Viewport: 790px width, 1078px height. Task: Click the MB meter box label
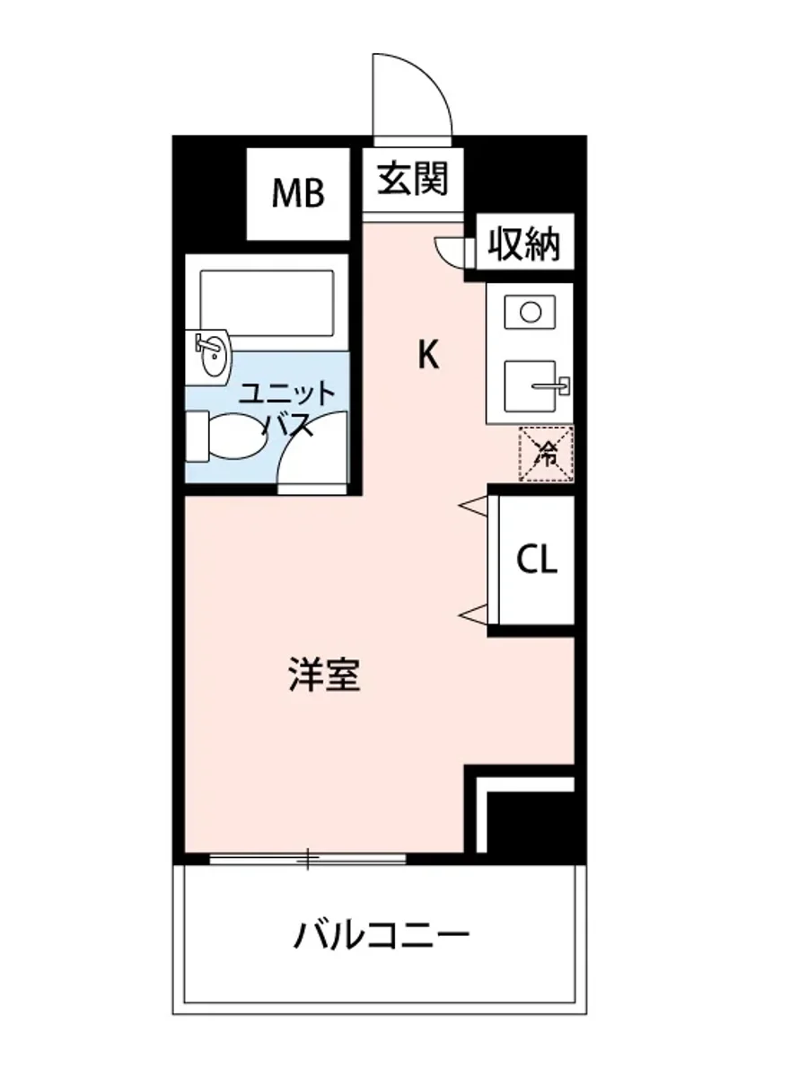[x=298, y=193]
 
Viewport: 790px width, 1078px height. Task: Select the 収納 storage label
[x=524, y=243]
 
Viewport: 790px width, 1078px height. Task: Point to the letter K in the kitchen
[x=428, y=357]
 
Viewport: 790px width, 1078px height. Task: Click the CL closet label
[x=537, y=560]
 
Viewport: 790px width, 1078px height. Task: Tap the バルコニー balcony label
[x=382, y=937]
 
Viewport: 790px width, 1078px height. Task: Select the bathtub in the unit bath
[x=268, y=300]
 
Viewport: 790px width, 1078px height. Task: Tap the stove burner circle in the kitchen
[x=531, y=313]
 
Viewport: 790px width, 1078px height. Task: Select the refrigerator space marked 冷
[x=545, y=455]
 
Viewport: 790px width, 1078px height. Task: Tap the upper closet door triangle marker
[x=473, y=508]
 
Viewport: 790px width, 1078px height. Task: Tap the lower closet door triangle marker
[x=473, y=614]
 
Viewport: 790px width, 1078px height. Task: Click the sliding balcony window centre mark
[x=308, y=860]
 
